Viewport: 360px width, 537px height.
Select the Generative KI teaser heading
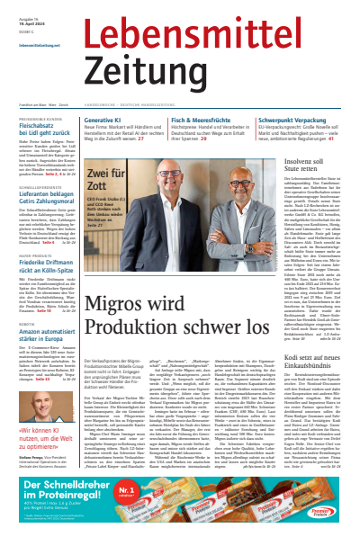tap(130, 120)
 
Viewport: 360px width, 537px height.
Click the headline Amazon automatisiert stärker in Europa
tap(43, 318)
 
